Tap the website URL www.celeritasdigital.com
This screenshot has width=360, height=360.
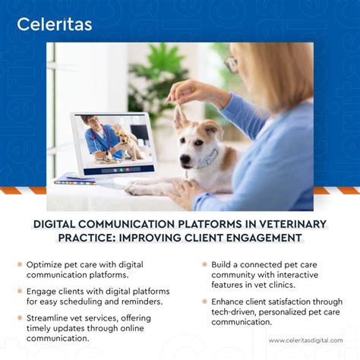(306, 340)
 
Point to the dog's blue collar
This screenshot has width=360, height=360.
(207, 161)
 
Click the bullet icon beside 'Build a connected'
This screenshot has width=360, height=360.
(204, 264)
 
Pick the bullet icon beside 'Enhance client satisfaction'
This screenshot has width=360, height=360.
(204, 302)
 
